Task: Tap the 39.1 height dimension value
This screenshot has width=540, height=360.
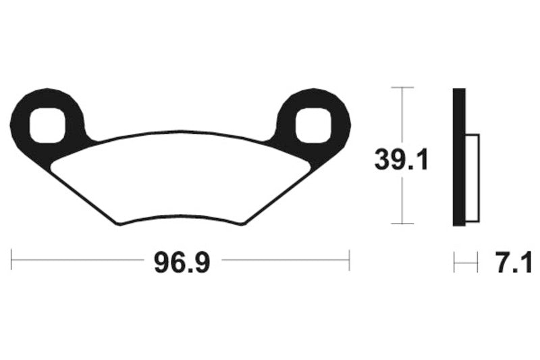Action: pos(402,161)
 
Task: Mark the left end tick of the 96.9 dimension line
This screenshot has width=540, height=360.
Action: pos(12,260)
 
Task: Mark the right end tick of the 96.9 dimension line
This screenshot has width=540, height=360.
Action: pos(349,260)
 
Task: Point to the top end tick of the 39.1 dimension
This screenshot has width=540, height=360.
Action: pos(402,87)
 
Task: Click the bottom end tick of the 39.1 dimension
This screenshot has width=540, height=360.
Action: pos(402,224)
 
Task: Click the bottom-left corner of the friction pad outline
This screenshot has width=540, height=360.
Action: pos(119,224)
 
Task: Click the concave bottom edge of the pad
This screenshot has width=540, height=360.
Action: pos(181,217)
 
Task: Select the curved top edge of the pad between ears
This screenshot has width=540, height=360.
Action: pos(181,133)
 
